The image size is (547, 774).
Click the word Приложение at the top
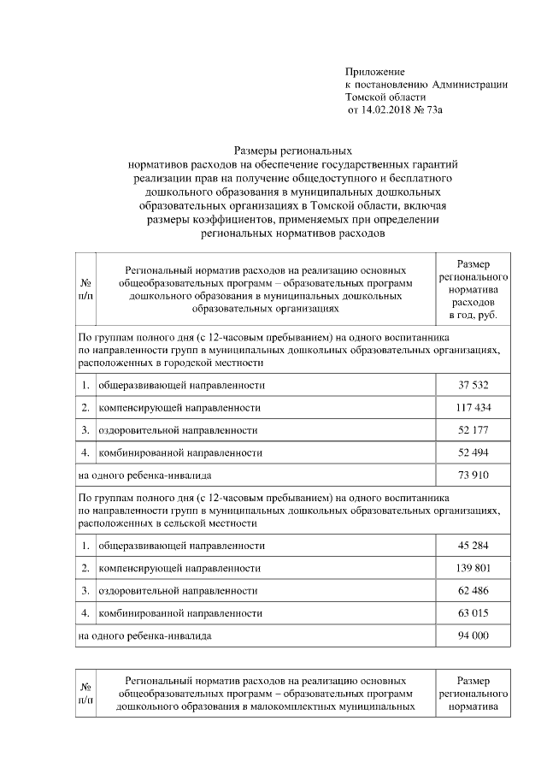(x=374, y=71)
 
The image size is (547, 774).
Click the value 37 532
(x=473, y=385)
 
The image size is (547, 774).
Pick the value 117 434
(x=473, y=407)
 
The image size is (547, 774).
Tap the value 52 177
(x=473, y=429)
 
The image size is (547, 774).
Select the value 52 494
(x=473, y=452)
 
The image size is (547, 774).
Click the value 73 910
(x=473, y=474)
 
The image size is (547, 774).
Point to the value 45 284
(x=473, y=545)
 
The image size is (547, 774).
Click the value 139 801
(x=473, y=567)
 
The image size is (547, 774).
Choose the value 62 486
(x=473, y=590)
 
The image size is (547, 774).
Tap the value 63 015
(x=473, y=612)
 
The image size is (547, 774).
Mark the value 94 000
(x=473, y=635)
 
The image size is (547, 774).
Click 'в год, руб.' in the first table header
(x=473, y=316)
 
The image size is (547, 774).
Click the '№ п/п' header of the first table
(x=85, y=288)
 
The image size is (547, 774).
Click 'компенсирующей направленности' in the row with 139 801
(x=179, y=567)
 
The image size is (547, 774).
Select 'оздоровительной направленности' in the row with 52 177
(x=178, y=429)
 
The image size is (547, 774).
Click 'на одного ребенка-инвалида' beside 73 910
(x=144, y=474)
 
